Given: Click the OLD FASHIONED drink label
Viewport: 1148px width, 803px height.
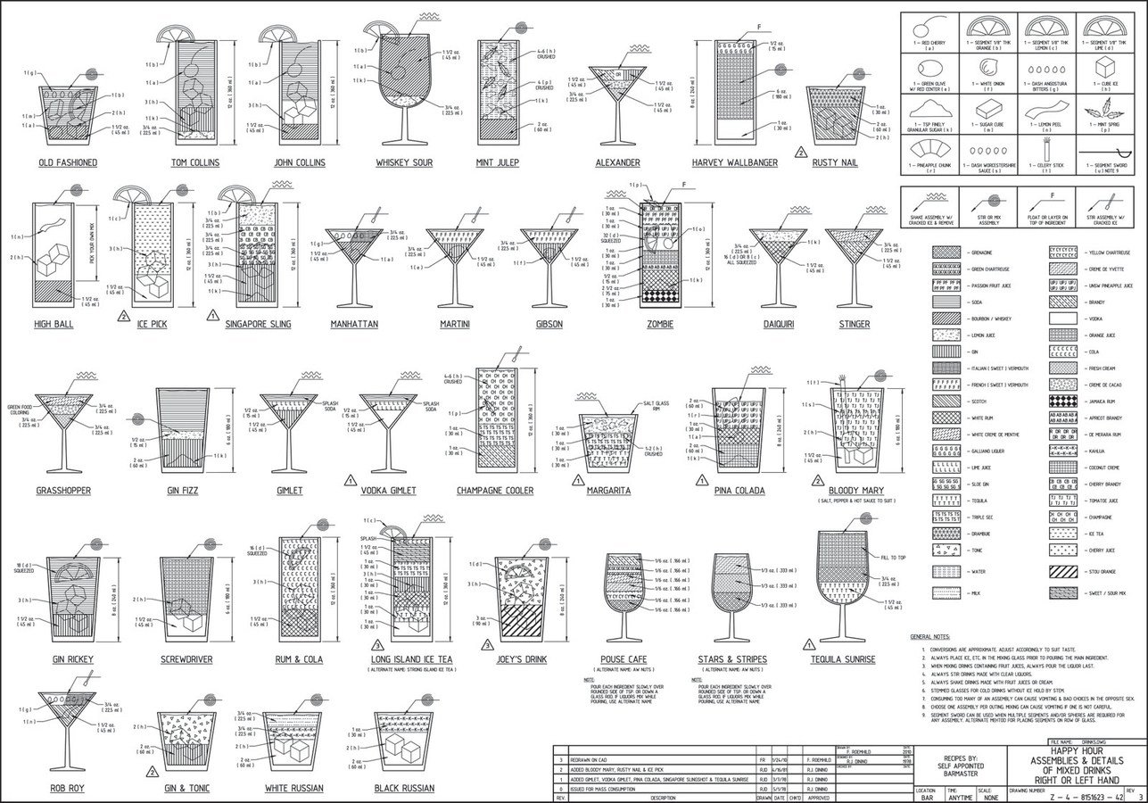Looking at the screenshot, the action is [x=68, y=163].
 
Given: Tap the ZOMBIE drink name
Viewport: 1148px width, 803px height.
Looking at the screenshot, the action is [x=660, y=324].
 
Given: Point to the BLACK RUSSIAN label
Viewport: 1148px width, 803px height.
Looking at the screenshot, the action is [x=404, y=788].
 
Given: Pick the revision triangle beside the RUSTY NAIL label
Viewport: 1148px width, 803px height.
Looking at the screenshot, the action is [x=801, y=152].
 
